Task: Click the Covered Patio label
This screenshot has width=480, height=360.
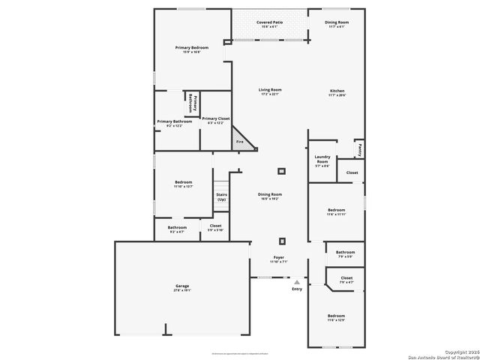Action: click(x=269, y=22)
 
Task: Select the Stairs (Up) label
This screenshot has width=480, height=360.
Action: click(x=221, y=196)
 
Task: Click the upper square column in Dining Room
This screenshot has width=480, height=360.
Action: click(x=282, y=171)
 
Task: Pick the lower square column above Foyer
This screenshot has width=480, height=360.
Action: click(x=282, y=241)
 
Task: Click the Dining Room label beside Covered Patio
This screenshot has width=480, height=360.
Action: click(x=337, y=22)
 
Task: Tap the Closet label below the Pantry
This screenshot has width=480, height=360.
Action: click(x=352, y=172)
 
